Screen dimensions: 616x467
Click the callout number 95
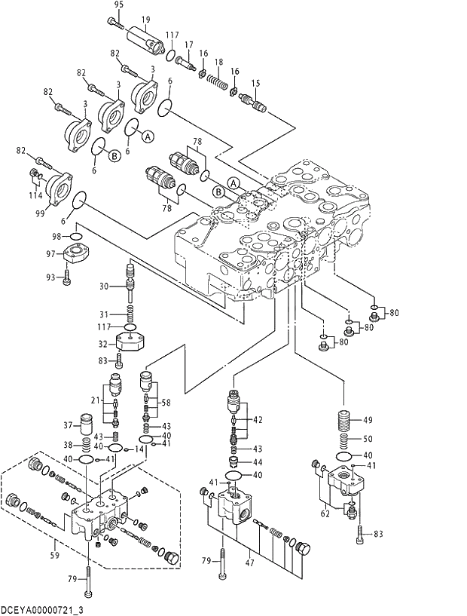(x=118, y=5)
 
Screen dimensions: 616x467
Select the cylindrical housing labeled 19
(x=145, y=38)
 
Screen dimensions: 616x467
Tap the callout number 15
(x=255, y=83)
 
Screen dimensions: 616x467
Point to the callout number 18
(x=219, y=62)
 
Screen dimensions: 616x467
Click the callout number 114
(x=35, y=195)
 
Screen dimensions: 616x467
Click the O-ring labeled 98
(x=77, y=236)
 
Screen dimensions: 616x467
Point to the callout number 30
(x=105, y=286)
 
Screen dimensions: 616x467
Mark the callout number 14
(x=140, y=449)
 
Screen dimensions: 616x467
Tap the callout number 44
(x=258, y=461)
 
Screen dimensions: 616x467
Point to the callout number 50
(x=368, y=439)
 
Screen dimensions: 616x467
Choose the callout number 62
(x=326, y=515)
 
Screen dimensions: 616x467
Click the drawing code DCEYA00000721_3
(x=42, y=608)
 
